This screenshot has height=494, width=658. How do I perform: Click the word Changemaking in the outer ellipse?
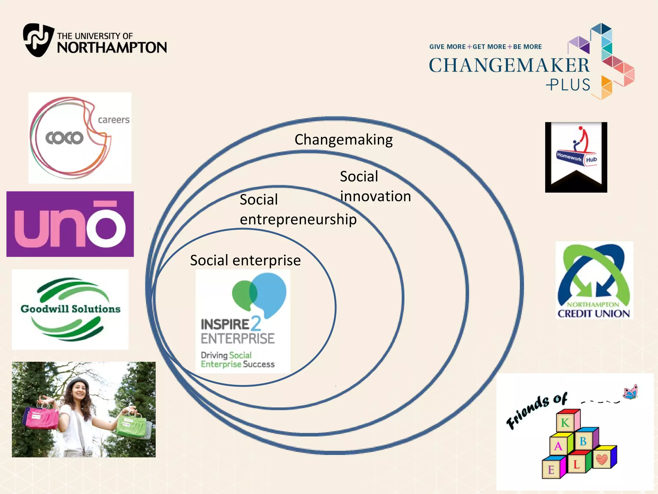343,140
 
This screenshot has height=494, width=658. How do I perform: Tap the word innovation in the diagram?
375,197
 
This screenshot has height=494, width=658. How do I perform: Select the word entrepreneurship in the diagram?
298,220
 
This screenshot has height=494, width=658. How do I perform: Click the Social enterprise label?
245,260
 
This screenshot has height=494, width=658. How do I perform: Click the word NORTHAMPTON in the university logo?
112,48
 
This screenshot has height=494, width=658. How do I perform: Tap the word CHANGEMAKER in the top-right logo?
509,65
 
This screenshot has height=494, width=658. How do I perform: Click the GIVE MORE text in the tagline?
447,47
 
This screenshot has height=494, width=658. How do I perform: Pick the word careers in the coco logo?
113,120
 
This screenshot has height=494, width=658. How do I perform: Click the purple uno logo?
70,224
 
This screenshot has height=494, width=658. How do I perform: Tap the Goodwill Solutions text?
70,309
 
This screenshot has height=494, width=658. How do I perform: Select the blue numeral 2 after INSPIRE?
256,324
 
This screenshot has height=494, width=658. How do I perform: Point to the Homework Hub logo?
576,157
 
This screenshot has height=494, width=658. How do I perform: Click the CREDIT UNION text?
593,314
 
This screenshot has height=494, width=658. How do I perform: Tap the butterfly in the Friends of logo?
630,392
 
